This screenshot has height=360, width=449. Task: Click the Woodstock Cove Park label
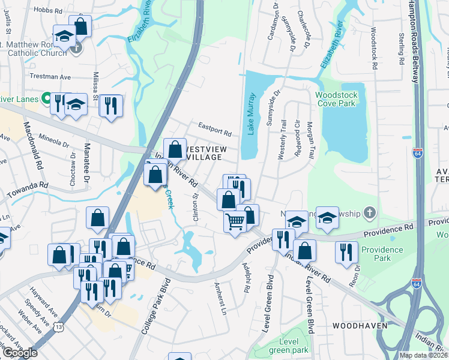click(336, 100)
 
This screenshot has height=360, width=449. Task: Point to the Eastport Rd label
click(215, 128)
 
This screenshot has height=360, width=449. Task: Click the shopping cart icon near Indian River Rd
click(235, 222)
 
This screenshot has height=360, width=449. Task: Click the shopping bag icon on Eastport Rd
click(175, 148)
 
